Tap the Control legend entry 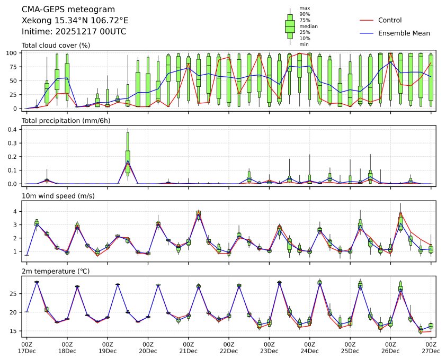pyautogui.click(x=390, y=20)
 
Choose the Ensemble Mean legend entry pyautogui.click(x=404, y=33)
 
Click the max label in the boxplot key pyautogui.click(x=304, y=8)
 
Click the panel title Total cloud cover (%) pyautogui.click(x=56, y=45)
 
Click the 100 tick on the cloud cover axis pyautogui.click(x=14, y=53)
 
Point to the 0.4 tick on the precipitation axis pyautogui.click(x=14, y=129)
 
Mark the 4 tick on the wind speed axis pyautogui.click(x=17, y=211)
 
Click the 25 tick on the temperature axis pyautogui.click(x=15, y=293)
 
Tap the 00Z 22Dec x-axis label pyautogui.click(x=229, y=347)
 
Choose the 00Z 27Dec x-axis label pyautogui.click(x=431, y=347)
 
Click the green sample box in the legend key pyautogui.click(x=290, y=26)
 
